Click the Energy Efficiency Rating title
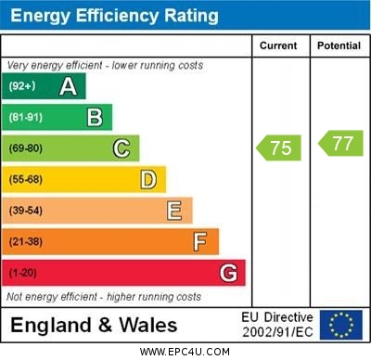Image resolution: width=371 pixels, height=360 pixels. (x=114, y=16)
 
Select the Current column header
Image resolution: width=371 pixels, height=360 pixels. (x=278, y=45)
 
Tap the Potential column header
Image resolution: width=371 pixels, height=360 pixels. (x=339, y=45)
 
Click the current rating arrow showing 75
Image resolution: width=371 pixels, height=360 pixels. (x=279, y=148)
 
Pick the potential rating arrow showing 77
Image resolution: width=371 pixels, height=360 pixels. (x=340, y=143)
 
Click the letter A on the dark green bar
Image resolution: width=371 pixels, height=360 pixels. (x=68, y=86)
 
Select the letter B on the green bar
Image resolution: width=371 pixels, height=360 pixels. (x=95, y=117)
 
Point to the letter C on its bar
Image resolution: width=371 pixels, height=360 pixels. (x=122, y=148)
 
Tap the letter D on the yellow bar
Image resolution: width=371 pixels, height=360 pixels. (x=148, y=179)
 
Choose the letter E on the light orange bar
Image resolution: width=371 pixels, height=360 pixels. (x=174, y=211)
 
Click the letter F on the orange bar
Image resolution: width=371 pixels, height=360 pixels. (x=200, y=242)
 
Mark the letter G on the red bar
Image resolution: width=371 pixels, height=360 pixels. (x=228, y=273)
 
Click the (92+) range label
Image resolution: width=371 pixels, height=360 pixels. (x=22, y=87)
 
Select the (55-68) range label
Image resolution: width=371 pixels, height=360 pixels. (x=26, y=180)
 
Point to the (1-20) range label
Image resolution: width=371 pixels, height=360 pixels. (x=23, y=274)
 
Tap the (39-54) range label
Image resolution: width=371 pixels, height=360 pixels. (x=26, y=212)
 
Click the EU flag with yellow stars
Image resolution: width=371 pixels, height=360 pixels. (x=341, y=325)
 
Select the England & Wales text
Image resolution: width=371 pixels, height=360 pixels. (x=94, y=325)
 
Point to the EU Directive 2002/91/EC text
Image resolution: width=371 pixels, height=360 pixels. (x=277, y=325)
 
